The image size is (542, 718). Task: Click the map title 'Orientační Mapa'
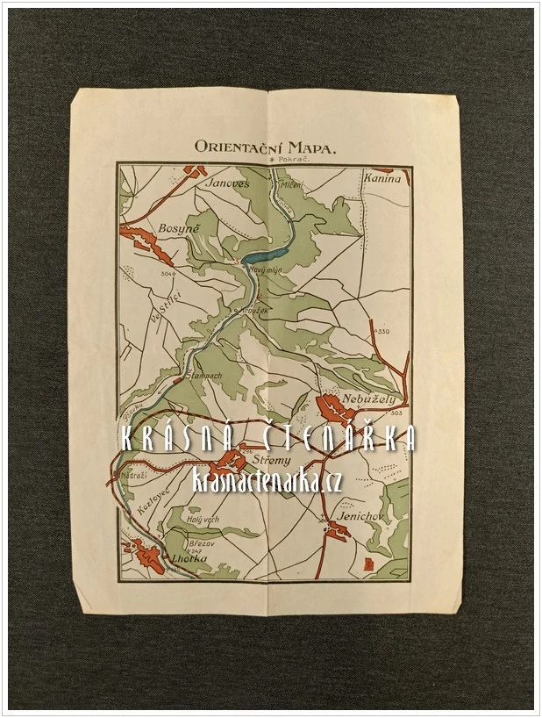(265, 148)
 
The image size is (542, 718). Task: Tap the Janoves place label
(227, 183)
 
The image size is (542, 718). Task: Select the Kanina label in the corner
(381, 178)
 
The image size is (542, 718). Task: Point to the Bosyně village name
(179, 228)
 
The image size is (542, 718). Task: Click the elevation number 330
(383, 331)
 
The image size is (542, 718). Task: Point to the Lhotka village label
(189, 557)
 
